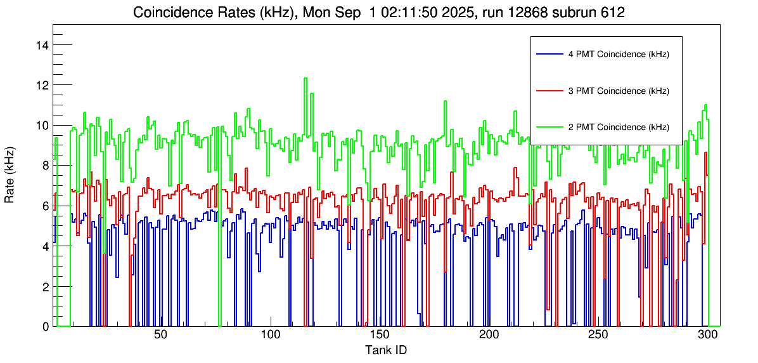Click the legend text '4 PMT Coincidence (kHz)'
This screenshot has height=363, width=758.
coord(619,55)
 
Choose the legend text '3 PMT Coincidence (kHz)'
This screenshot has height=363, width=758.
coord(619,91)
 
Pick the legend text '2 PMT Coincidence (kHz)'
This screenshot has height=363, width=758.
coord(619,127)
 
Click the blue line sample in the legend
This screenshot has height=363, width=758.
coord(549,55)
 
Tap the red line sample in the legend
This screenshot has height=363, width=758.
coord(549,91)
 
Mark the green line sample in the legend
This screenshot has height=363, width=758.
coord(549,127)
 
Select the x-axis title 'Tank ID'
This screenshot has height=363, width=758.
coord(385,350)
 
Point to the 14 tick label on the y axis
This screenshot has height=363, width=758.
coord(42,45)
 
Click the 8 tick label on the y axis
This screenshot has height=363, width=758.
coord(45,166)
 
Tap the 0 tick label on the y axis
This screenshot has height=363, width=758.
coord(45,327)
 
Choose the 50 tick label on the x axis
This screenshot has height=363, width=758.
coord(160,335)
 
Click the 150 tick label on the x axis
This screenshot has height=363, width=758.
coord(379,335)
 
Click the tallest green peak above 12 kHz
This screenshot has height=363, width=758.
coord(305,79)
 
